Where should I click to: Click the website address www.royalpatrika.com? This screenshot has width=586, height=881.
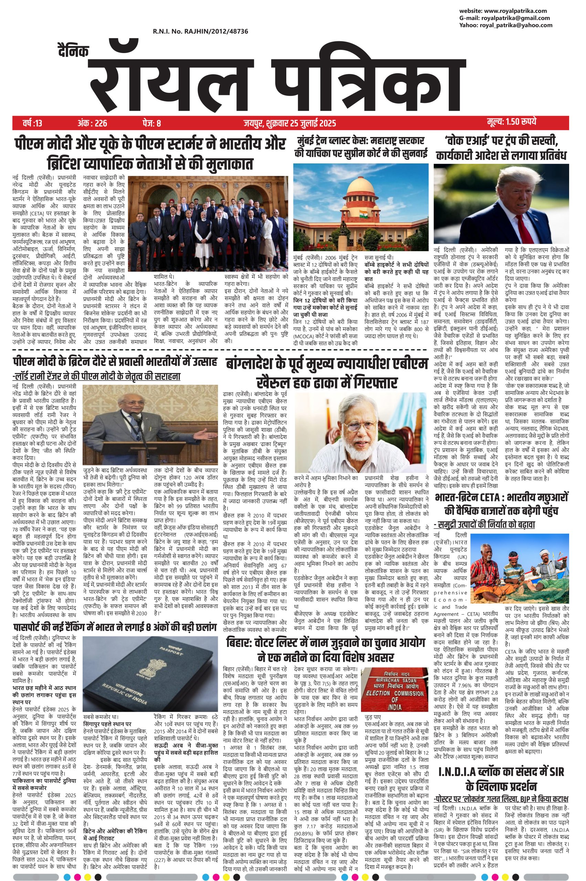coord(517,11)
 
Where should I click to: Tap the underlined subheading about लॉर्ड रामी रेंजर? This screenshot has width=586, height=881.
coord(96,376)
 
